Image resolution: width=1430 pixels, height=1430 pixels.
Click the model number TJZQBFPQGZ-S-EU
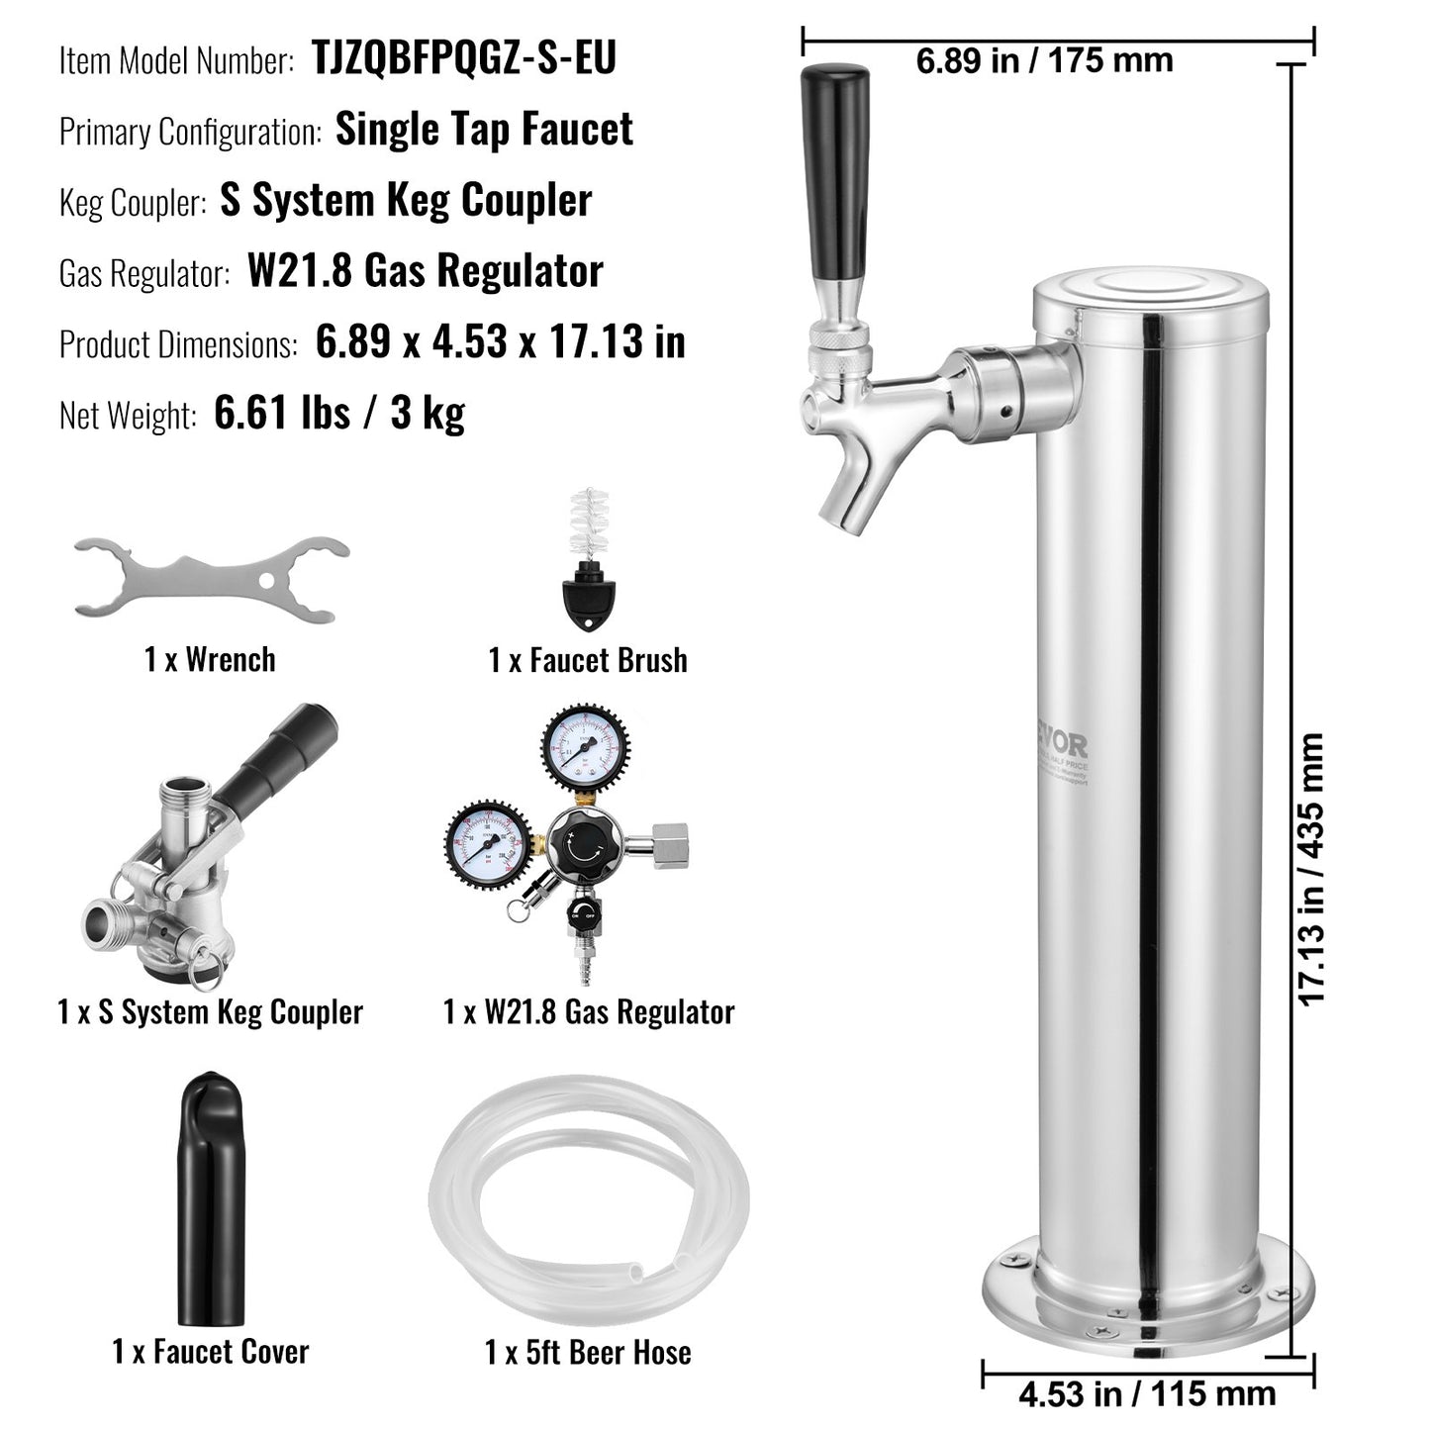coord(464,57)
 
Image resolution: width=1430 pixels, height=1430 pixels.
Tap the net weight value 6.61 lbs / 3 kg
coord(338,413)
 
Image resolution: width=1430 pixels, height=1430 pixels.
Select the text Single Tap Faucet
coord(484,130)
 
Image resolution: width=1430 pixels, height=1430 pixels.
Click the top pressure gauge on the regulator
coord(585,747)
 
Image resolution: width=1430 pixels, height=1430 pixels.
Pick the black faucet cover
coord(211,1196)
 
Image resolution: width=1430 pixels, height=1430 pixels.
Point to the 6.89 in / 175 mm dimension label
coord(1044,60)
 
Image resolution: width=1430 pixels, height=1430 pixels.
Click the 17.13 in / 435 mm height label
coord(1309,869)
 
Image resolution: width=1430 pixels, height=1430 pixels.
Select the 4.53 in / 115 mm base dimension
coord(1146,1394)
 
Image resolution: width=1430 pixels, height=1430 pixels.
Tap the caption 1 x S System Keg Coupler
coord(211,1011)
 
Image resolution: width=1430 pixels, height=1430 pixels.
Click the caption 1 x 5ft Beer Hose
coord(588,1352)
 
